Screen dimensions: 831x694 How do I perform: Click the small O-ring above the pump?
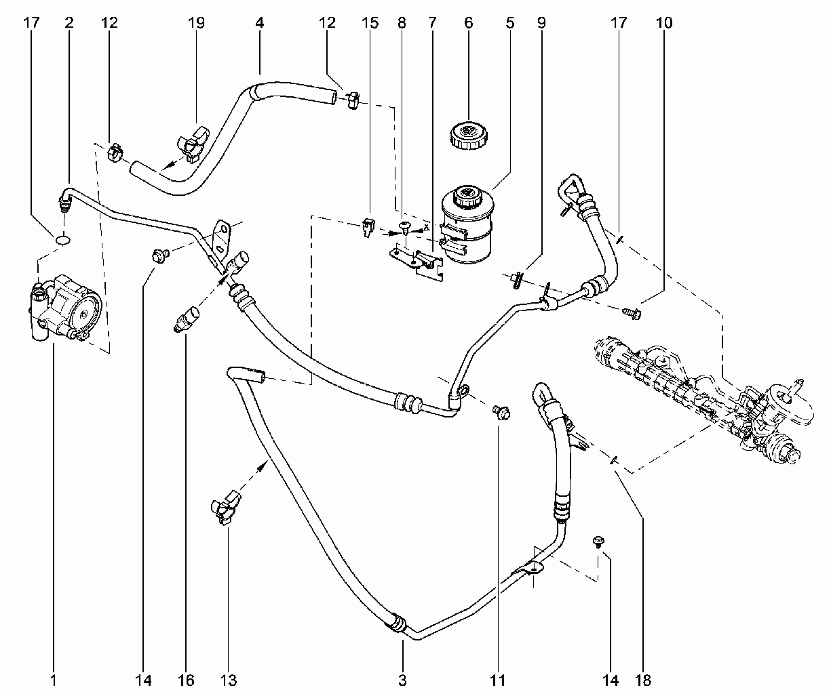(62, 240)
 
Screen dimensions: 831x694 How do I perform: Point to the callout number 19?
(196, 22)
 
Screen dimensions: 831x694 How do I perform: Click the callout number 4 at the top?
(260, 22)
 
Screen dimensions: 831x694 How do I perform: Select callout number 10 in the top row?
(664, 22)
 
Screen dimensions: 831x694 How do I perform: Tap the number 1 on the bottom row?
(54, 680)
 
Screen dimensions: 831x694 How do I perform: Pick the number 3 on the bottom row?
(402, 680)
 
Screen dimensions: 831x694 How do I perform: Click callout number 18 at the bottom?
(643, 680)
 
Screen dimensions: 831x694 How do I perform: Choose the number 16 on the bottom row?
(185, 680)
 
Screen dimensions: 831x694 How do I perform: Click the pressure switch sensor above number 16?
(187, 319)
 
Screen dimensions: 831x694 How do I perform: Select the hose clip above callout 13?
(225, 508)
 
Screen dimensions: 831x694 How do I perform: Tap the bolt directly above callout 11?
(501, 412)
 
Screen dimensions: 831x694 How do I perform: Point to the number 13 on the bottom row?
(228, 680)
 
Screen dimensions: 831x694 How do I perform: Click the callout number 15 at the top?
(370, 22)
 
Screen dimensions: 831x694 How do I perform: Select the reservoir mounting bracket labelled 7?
(417, 262)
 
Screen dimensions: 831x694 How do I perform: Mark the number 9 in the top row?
(541, 22)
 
